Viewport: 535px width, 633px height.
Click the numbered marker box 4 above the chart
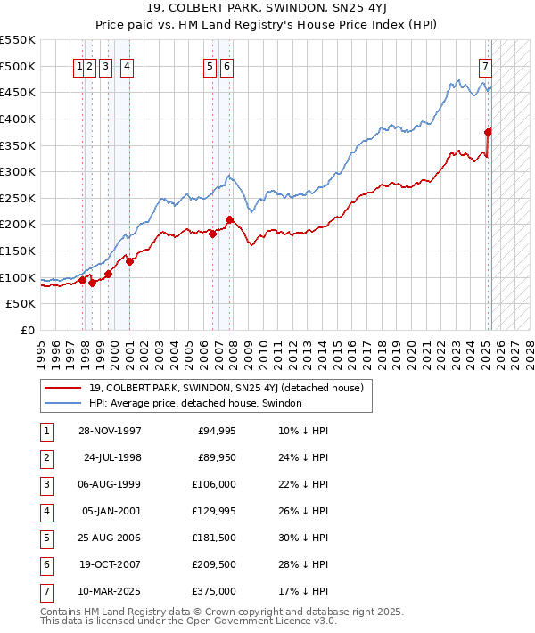(x=128, y=66)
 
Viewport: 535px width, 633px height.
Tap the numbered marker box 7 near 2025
(x=485, y=66)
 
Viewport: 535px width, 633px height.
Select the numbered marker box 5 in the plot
(x=210, y=66)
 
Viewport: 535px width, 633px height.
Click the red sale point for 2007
(x=230, y=219)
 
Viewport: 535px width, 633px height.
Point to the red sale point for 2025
(x=489, y=132)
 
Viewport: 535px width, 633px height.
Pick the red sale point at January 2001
(x=130, y=261)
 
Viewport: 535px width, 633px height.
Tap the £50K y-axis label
(x=21, y=304)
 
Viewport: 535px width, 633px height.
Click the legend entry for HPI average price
(x=195, y=403)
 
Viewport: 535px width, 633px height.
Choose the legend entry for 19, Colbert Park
(x=226, y=389)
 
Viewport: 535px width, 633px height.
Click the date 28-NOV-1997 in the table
(x=110, y=432)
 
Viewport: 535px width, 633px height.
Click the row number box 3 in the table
(x=45, y=485)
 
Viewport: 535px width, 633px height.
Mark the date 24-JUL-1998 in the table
(x=112, y=458)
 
